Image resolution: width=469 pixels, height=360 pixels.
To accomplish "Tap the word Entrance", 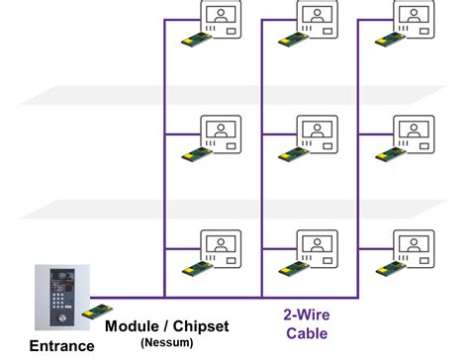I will (x=61, y=346).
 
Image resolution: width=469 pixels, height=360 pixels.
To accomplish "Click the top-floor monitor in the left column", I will (x=222, y=19).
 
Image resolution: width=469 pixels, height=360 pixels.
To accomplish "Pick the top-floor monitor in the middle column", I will (x=319, y=19).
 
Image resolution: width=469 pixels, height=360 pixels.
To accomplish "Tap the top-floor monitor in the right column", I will (x=413, y=19).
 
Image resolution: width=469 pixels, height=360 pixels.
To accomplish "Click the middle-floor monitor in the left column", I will (x=222, y=134).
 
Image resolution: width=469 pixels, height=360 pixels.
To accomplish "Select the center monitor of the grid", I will (x=319, y=134).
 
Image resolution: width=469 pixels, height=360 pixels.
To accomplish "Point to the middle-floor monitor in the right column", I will (x=413, y=134).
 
